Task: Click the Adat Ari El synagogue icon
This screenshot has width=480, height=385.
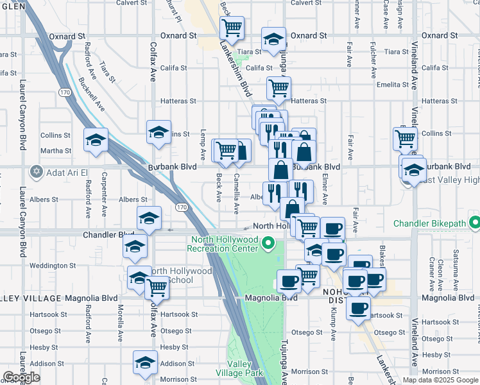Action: [x=36, y=172]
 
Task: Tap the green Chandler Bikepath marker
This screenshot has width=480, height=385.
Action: [x=474, y=224]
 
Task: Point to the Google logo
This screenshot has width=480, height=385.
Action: [x=21, y=378]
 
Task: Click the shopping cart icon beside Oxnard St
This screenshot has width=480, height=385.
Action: [x=232, y=28]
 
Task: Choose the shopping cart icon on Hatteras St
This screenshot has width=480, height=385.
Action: [x=279, y=89]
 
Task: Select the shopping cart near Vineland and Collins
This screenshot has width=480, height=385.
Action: [x=406, y=138]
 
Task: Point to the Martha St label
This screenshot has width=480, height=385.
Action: [x=56, y=151]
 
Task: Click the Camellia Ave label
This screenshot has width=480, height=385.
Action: [x=237, y=193]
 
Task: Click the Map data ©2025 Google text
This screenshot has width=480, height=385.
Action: [x=440, y=380]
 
